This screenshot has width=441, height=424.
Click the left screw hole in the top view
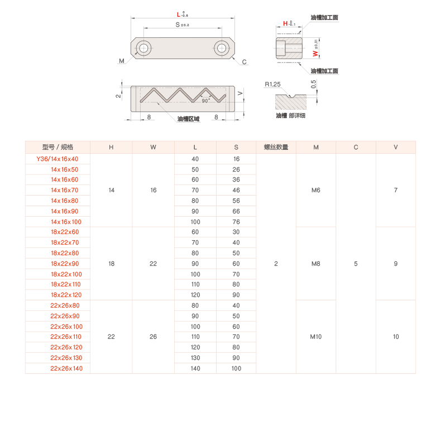point(145,48)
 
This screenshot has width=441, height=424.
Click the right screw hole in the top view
point(222,48)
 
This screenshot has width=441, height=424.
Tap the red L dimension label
point(178,14)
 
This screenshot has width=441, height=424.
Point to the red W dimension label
point(315,53)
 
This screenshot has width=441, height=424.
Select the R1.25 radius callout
point(272,84)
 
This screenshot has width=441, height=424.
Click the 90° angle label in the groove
point(205,101)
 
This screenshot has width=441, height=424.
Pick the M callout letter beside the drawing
point(121,61)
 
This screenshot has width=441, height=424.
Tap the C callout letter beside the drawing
point(245,62)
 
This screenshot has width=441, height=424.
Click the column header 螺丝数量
point(276,147)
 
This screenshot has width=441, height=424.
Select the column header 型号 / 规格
point(57,147)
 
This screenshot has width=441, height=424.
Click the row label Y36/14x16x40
point(57,159)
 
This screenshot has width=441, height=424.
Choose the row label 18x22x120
point(66,295)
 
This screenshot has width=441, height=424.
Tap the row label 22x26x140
point(66,368)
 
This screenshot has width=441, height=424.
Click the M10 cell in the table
point(316,337)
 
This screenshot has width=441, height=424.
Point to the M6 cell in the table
point(316,190)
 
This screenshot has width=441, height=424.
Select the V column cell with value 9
point(396,264)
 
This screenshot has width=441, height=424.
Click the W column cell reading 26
point(154,337)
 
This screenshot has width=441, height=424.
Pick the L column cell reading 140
point(195,368)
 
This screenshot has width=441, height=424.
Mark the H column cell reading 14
point(111,190)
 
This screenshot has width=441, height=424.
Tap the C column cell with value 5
point(356,264)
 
